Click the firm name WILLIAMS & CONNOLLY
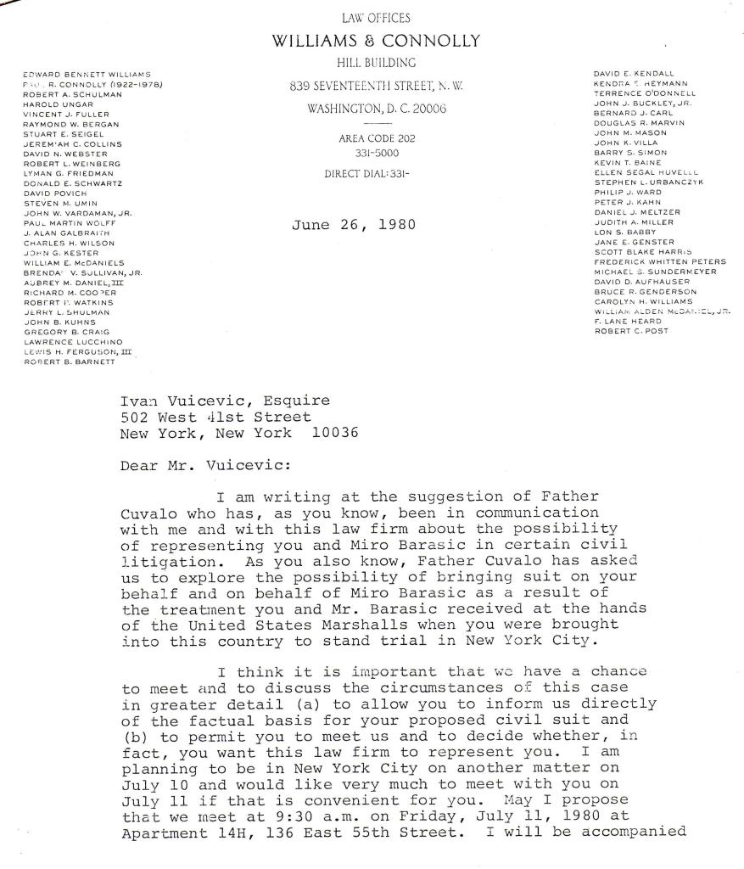(375, 41)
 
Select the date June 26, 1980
(350, 226)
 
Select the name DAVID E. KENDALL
(634, 74)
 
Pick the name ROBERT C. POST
(631, 331)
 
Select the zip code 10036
(335, 432)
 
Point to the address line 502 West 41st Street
(216, 417)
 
